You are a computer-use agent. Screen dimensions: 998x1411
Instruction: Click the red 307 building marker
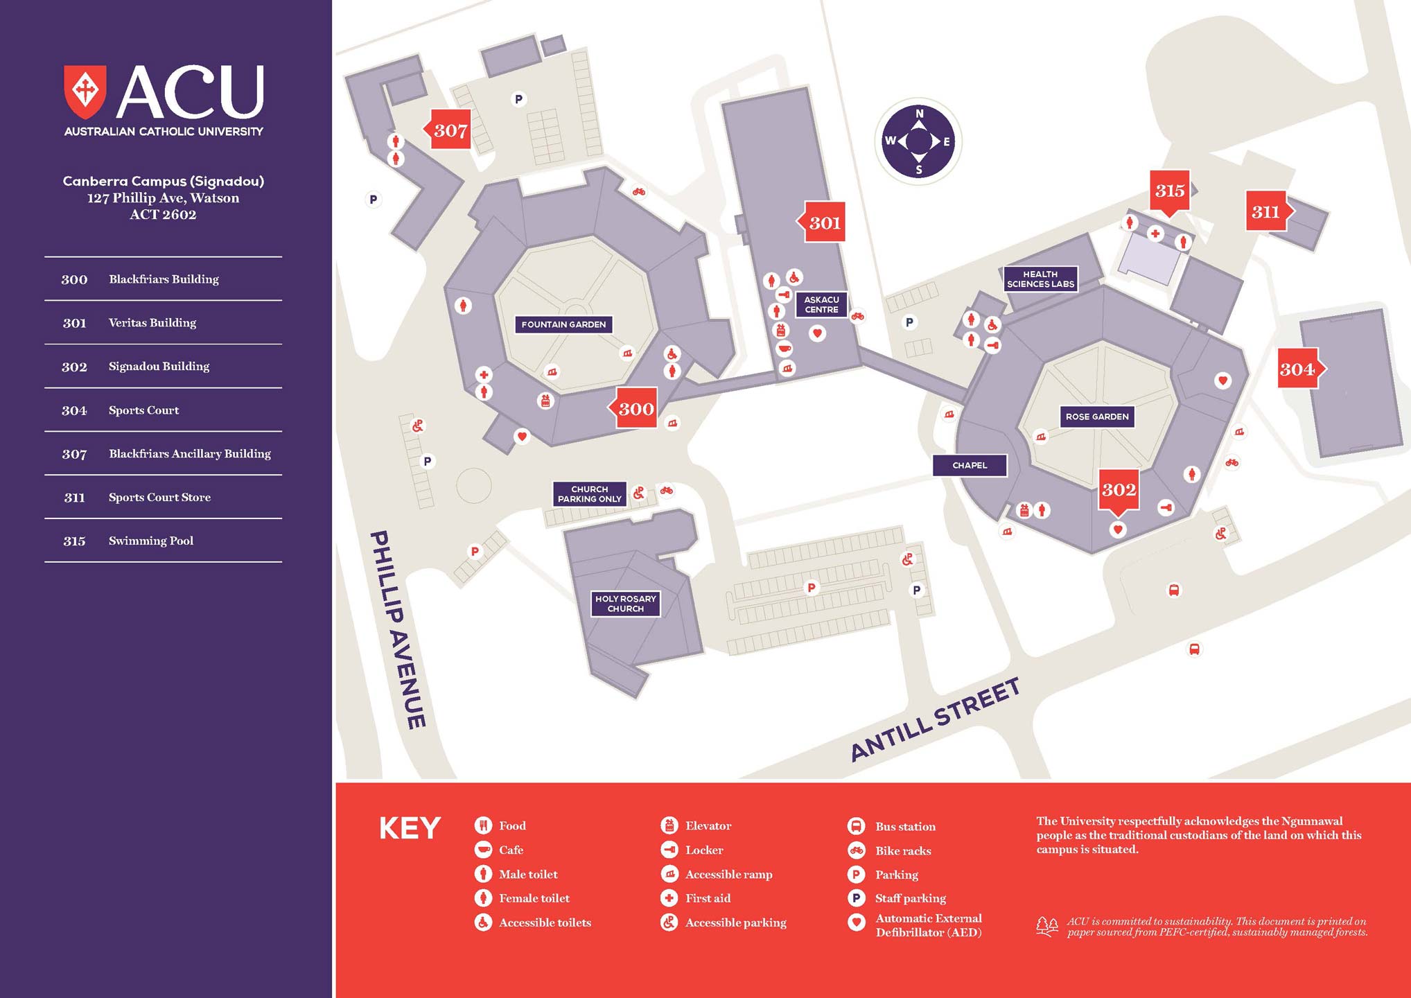pos(450,130)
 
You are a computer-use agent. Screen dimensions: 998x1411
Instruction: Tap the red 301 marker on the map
pos(823,222)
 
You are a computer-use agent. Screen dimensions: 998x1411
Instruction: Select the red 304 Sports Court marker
pos(1297,369)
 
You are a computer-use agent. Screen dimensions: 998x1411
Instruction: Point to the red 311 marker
pos(1265,211)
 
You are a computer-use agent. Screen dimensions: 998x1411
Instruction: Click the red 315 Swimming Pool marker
pos(1170,191)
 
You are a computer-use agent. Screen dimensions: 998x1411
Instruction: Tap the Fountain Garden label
pos(563,324)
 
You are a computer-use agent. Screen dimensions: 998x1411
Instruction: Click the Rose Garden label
pos(1097,417)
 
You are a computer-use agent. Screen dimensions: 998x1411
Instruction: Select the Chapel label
pos(970,465)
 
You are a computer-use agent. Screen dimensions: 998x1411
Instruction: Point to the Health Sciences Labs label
pos(1040,279)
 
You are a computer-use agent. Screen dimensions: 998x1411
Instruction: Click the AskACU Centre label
pos(821,305)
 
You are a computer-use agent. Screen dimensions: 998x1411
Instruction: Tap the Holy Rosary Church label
pos(625,604)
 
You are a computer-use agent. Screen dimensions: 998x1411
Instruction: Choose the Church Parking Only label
pos(589,494)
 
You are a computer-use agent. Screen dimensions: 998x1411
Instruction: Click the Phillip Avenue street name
pos(398,629)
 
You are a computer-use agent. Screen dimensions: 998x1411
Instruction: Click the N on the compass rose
pos(919,114)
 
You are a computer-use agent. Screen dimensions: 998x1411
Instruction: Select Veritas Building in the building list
pos(152,322)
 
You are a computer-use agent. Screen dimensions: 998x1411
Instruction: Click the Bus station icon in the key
pos(856,826)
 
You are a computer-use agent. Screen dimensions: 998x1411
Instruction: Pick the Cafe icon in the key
pos(483,850)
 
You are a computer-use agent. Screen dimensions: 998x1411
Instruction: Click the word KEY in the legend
pos(410,828)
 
